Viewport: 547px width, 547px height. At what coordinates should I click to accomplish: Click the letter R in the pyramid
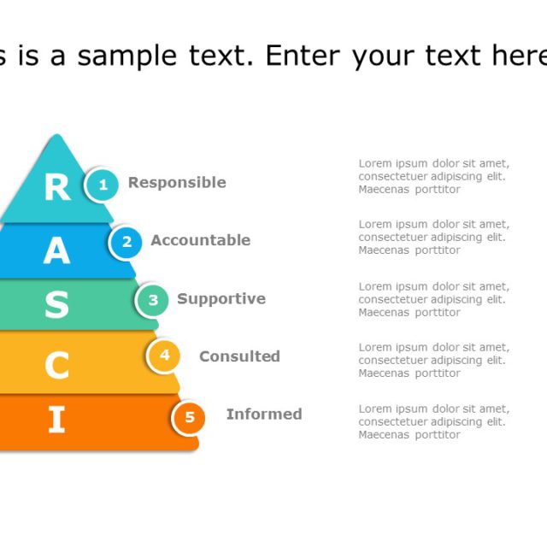point(56,187)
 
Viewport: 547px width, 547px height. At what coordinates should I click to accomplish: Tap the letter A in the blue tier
point(56,250)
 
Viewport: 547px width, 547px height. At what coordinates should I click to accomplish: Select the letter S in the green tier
point(56,304)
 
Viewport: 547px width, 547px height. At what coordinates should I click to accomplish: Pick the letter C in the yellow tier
point(56,366)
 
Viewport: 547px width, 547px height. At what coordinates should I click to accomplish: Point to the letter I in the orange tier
point(56,420)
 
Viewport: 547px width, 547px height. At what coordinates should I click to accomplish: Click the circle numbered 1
point(103,184)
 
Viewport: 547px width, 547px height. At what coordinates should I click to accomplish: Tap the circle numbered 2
point(126,242)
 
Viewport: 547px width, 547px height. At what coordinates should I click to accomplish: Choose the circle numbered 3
point(153,300)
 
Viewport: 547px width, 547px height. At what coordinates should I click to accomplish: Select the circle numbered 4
point(164,355)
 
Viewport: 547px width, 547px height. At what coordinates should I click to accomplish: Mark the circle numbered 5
point(190,418)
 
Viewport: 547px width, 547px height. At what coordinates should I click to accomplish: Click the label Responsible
point(177,182)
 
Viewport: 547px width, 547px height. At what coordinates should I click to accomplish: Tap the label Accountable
point(201,240)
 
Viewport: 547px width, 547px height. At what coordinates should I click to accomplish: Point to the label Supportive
point(221,299)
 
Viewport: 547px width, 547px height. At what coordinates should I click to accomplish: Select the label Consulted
point(239,356)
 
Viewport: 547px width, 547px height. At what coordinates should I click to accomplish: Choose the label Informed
point(264,415)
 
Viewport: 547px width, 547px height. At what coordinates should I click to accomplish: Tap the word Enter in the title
point(299,56)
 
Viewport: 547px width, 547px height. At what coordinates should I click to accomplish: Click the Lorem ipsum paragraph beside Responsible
point(433,176)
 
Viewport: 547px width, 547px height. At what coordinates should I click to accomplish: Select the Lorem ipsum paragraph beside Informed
point(433,421)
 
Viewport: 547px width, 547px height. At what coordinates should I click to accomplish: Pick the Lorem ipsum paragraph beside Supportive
point(433,299)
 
